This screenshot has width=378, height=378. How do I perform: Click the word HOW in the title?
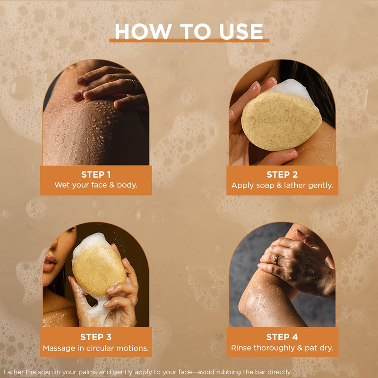(x=143, y=32)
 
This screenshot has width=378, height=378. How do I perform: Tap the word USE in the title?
(x=241, y=32)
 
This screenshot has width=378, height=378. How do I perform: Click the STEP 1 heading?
(x=96, y=174)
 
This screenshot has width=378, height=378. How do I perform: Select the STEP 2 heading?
(x=282, y=174)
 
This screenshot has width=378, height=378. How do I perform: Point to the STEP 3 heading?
(x=96, y=337)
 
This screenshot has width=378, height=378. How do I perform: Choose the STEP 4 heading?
(x=282, y=337)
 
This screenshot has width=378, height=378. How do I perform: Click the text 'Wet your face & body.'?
(x=96, y=185)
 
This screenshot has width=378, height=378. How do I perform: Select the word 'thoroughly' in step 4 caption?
(x=275, y=348)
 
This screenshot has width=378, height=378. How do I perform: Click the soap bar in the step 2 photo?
(x=281, y=120)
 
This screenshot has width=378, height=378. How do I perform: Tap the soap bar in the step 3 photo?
(x=98, y=270)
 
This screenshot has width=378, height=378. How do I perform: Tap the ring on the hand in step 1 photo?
(x=136, y=85)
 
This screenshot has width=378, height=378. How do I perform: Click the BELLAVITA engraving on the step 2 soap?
(x=281, y=120)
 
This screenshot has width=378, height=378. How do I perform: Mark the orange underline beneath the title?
(x=189, y=40)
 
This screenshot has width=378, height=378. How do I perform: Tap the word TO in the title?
(x=195, y=32)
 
